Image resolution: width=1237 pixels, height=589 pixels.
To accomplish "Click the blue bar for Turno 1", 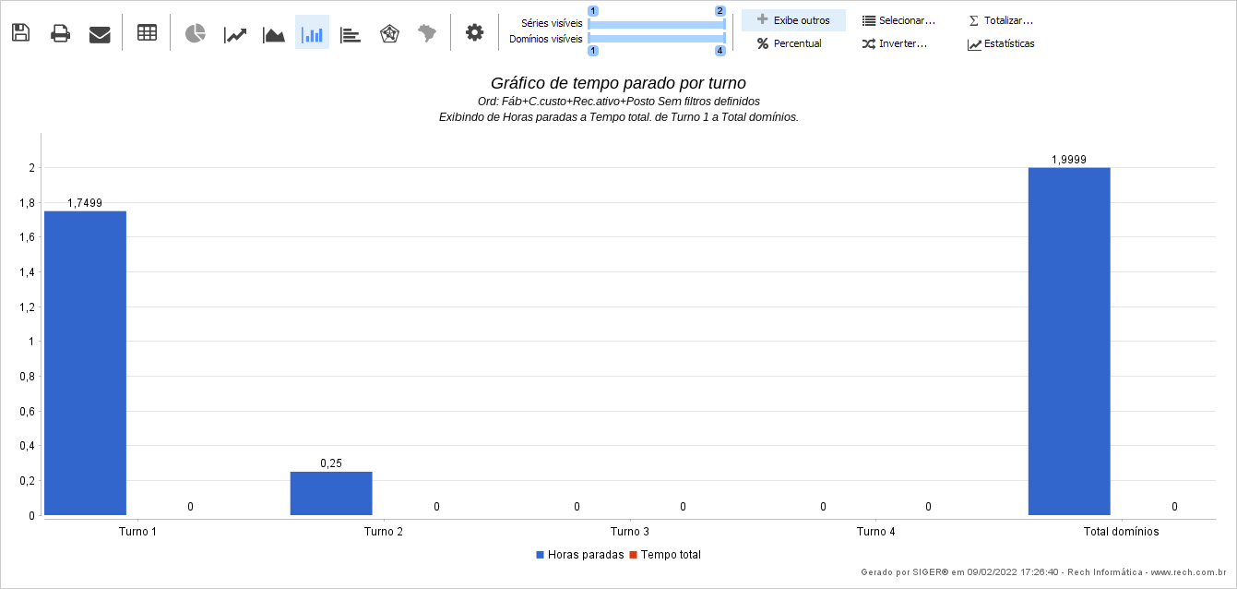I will (85, 362).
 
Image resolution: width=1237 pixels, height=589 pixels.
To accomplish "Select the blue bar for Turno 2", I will (331, 493).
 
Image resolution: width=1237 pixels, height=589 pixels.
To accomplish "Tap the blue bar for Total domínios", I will (1069, 341).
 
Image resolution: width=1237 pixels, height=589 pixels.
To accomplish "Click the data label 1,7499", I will (85, 203).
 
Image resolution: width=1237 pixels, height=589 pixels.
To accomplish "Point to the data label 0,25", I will (331, 463).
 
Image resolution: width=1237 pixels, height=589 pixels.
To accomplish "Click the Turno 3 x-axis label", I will (630, 532).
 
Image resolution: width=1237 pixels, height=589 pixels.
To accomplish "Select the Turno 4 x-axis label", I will (875, 532).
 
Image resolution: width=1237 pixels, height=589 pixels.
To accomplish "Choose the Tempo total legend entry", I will (665, 555).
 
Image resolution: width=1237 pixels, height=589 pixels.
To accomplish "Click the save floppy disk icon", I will (20, 33).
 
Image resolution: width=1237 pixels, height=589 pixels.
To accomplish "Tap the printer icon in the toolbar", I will (60, 34).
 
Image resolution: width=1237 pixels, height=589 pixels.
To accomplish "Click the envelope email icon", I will (100, 34).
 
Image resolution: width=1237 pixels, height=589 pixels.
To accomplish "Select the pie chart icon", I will (195, 34).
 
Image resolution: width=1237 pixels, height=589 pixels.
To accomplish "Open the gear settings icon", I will (474, 33).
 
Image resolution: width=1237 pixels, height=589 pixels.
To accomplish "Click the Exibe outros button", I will (793, 20).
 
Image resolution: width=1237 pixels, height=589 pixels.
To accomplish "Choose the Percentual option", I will (790, 43).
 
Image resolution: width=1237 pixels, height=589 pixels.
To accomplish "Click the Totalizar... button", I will (1001, 20).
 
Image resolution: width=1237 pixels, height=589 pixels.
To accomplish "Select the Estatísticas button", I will (1001, 43).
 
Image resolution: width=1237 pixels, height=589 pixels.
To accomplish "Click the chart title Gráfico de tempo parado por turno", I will (618, 83).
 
